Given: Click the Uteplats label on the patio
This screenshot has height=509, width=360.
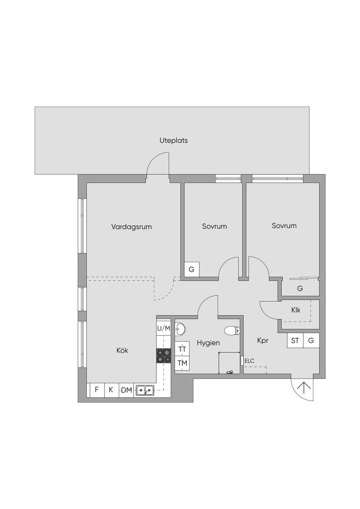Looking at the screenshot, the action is (174, 141).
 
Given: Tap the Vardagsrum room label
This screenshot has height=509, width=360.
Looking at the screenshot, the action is (131, 227).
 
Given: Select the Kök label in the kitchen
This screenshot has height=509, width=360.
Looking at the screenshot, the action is (122, 350).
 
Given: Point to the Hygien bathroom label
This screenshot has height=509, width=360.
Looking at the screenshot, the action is (208, 343).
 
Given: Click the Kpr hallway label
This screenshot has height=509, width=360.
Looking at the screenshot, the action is (263, 341).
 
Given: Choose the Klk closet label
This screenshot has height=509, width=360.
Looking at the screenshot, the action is (296, 310).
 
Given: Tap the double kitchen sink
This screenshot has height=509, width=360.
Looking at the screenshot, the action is (145, 391).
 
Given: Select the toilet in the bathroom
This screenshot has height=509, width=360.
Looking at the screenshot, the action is (232, 331).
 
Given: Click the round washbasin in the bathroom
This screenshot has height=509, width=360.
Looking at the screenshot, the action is (180, 329).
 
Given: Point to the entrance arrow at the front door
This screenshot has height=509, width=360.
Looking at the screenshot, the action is (304, 388).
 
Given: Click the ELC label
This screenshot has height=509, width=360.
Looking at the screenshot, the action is (249, 361).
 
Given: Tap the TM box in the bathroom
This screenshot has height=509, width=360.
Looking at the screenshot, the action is (182, 363).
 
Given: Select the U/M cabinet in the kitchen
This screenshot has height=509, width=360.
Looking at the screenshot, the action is (163, 328).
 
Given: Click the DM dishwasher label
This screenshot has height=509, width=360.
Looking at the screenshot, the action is (126, 390).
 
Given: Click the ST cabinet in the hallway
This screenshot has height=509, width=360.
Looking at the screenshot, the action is (295, 341).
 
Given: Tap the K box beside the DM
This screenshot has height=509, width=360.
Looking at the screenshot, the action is (111, 390).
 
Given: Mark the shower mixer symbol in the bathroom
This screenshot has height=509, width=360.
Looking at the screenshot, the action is (230, 372).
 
